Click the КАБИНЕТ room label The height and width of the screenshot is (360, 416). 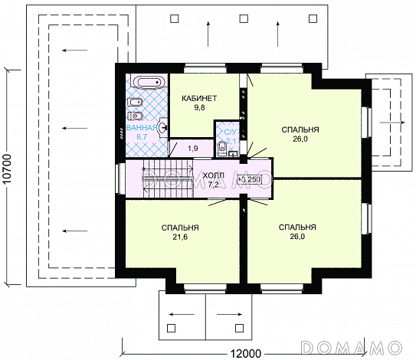point(199,98)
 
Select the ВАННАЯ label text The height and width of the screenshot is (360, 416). point(142,128)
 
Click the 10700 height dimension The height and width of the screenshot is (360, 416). point(8,169)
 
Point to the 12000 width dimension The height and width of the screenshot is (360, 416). point(245,354)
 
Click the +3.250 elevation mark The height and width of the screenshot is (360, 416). point(250,179)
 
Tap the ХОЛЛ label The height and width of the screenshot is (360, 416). point(213,175)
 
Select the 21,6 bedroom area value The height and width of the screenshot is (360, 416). point(180,237)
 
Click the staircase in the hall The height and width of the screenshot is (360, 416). point(169,178)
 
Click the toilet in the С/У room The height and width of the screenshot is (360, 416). point(221,149)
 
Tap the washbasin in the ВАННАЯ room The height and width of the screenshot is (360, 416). point(162,128)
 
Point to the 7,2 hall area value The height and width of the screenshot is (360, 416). point(213,185)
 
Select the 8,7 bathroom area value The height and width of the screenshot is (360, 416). point(142,137)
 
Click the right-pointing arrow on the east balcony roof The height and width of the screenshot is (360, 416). point(392,123)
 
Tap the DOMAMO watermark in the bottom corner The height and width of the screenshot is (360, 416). point(352,348)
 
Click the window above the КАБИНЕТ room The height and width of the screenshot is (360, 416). point(205,68)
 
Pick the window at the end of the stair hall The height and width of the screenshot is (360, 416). point(121,178)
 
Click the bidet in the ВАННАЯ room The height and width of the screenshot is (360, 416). point(136,103)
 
